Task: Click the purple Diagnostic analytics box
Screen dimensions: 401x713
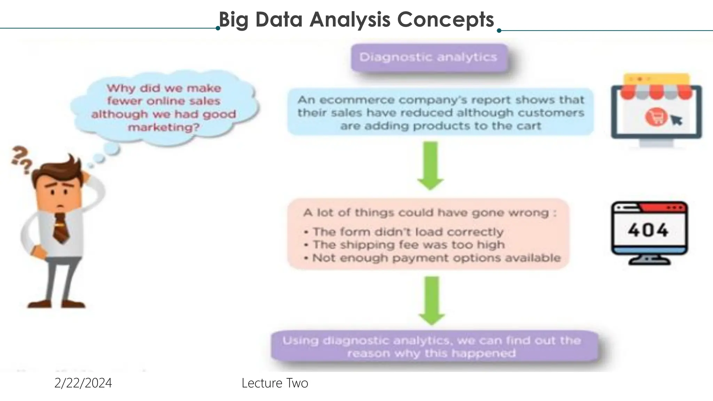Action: point(429,57)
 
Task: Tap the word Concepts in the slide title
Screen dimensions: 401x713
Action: point(445,19)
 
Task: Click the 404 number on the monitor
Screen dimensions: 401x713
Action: point(648,230)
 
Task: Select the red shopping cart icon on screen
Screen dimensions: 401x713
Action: point(656,117)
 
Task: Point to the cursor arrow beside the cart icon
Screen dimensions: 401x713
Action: point(676,120)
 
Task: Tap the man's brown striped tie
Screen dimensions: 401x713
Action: point(61,228)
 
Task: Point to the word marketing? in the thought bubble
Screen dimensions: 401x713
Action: point(164,127)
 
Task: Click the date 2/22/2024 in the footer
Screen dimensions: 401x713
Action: point(83,383)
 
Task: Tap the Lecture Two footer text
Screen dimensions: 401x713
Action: point(275,383)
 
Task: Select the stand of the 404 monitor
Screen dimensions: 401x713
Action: point(648,260)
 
